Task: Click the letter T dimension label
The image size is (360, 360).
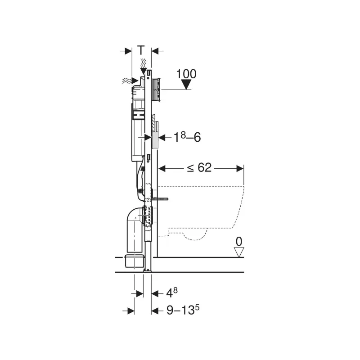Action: pos(141,50)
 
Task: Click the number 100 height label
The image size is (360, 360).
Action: pos(186,74)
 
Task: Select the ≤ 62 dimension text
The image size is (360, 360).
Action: pos(199,167)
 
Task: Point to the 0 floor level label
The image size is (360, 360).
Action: pos(239,242)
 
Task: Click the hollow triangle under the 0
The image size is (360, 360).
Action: pos(239,252)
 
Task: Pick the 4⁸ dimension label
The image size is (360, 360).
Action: pos(172,292)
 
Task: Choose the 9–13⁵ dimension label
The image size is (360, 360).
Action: pos(183,310)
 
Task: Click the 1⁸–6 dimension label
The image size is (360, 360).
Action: pos(187,137)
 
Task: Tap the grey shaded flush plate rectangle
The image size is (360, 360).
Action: pos(155,139)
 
